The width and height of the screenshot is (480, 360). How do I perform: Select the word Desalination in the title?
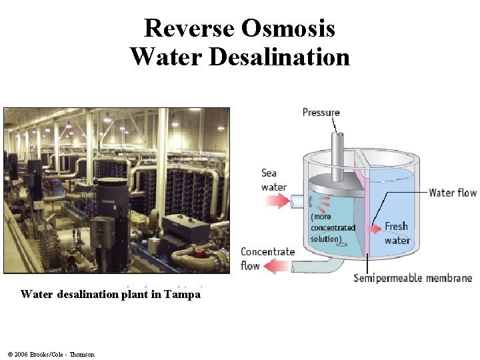pos(279,57)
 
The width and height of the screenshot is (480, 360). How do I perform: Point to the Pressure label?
pos(321,112)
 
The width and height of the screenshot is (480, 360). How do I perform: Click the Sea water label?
pos(273,180)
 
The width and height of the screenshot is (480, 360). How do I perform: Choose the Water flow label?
pos(453,193)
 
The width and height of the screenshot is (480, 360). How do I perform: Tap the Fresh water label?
pos(397,233)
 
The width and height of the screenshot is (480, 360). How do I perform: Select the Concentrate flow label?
pos(267,259)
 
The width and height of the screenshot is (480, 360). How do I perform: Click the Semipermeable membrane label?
pos(413,278)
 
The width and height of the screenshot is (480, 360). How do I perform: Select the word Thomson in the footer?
pos(81,354)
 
